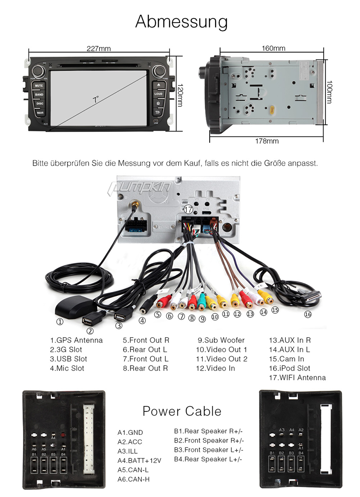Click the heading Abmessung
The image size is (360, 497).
point(181,22)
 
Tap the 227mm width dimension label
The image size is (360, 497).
point(99,49)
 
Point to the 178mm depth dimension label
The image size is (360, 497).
point(267,141)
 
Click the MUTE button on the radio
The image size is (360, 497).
point(39,85)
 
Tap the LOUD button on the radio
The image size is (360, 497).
point(158,94)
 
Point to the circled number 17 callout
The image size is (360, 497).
point(189,209)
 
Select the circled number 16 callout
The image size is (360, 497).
point(308,315)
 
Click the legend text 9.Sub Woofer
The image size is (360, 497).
point(221,340)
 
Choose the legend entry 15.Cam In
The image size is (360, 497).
point(286,359)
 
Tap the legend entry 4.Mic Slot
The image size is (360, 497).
point(67,368)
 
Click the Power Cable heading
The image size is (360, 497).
point(182,411)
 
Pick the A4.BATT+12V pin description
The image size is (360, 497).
point(139,460)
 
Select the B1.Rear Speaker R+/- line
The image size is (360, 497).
point(208,431)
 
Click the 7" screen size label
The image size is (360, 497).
point(96,99)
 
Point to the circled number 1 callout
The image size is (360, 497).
point(60,322)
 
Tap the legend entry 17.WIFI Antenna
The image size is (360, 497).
point(297,378)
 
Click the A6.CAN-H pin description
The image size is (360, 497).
point(134,479)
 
